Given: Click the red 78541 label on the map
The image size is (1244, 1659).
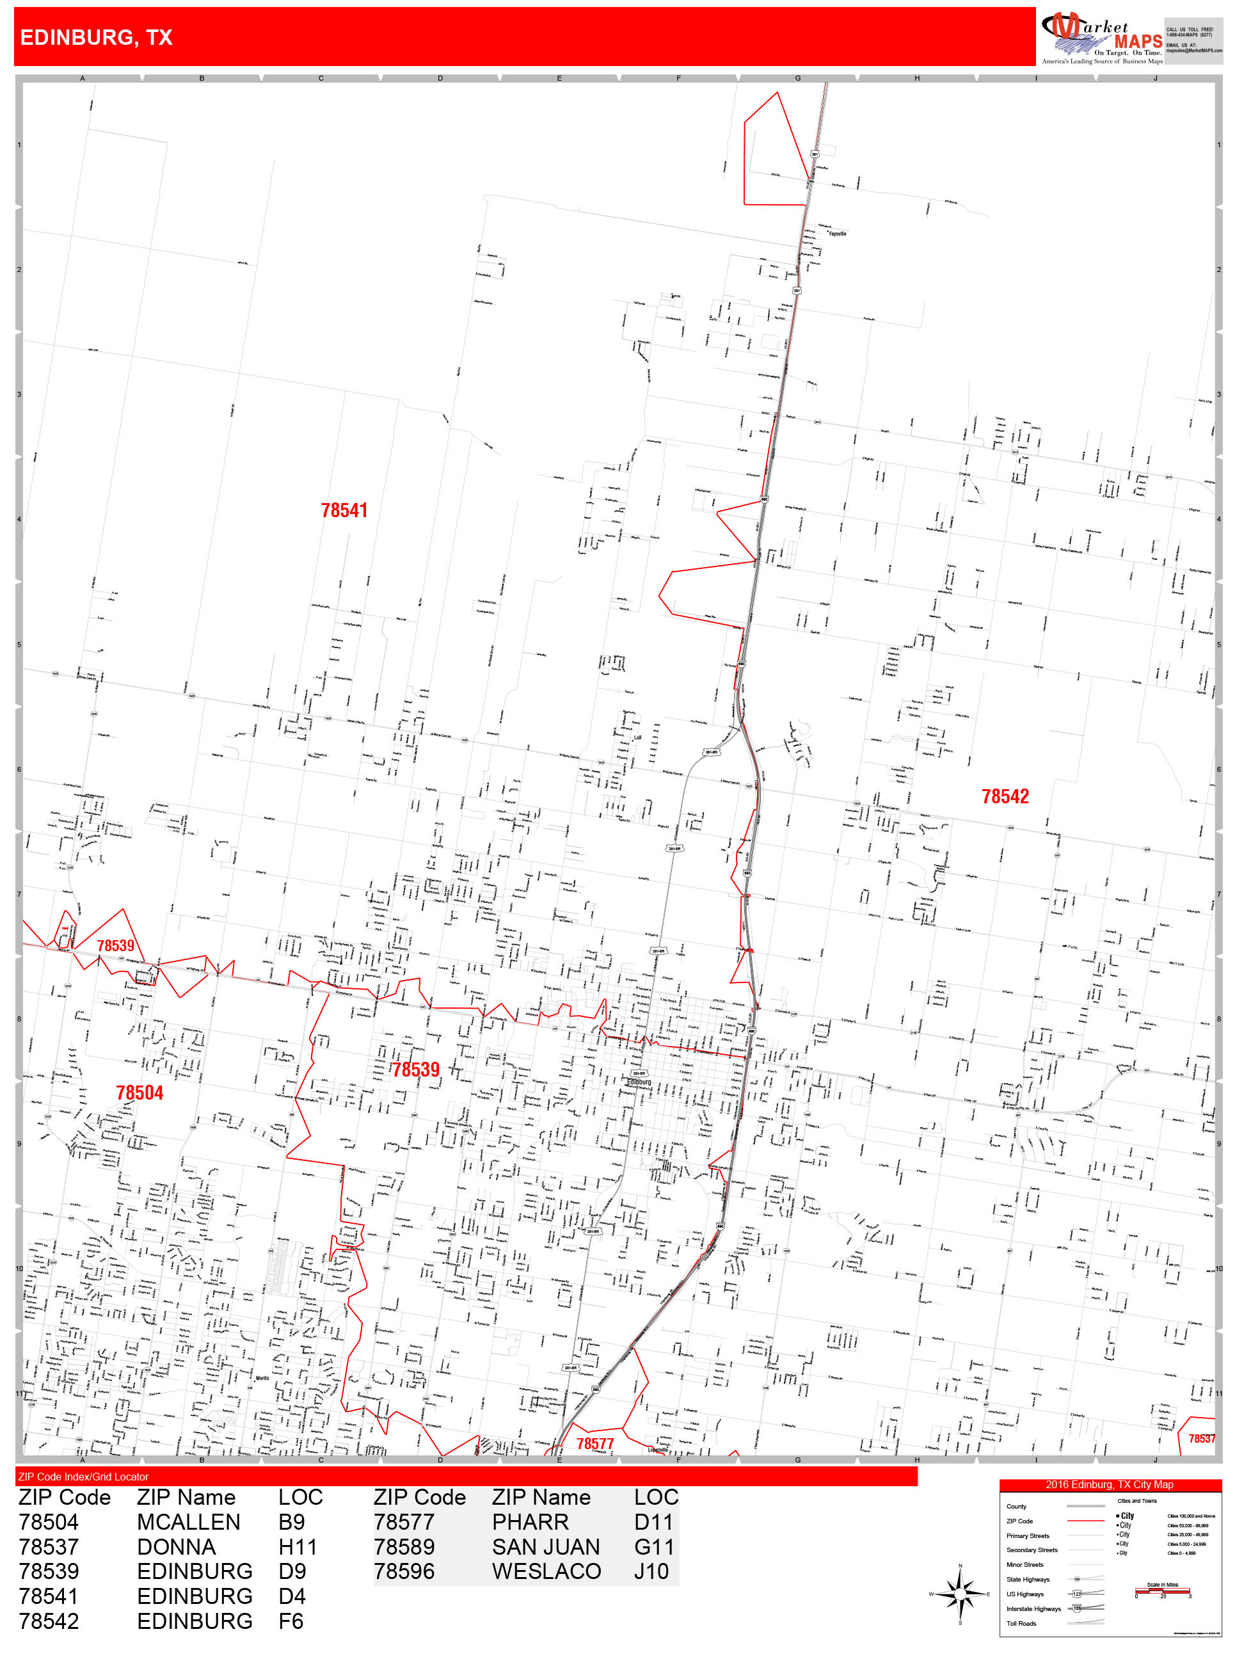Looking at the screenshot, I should (344, 511).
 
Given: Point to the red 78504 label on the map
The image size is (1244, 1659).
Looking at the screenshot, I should (140, 1093).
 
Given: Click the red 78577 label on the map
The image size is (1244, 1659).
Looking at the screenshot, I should (594, 1444).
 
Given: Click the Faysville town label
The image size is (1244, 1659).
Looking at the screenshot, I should (837, 234).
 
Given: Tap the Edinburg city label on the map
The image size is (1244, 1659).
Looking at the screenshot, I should (639, 1082).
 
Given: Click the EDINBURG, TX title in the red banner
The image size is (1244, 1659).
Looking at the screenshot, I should (96, 38).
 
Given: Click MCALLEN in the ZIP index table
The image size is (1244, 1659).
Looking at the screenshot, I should (188, 1522).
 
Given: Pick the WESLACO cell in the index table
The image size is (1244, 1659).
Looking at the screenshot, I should (546, 1571).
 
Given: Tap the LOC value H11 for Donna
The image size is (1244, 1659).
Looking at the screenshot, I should (298, 1546).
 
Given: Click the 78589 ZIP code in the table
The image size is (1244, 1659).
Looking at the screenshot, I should (404, 1546).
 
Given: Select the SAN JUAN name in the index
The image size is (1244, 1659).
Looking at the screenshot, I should (546, 1546).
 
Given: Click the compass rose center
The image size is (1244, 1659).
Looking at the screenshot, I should (960, 1593).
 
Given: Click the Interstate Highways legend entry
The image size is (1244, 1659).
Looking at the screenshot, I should (1033, 1608).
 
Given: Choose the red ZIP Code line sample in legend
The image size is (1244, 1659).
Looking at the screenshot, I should (1085, 1521).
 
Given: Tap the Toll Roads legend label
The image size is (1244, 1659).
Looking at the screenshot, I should (1021, 1624).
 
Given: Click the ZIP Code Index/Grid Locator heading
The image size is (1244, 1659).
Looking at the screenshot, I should (83, 1477).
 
